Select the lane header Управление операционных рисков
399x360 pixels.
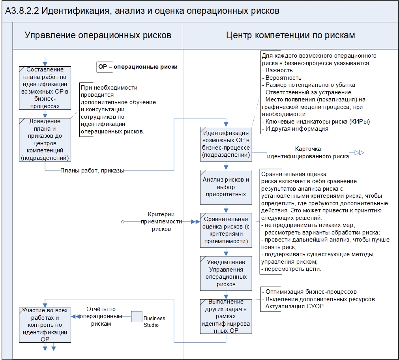click(x=98, y=35)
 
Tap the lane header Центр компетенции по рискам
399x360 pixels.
click(x=290, y=35)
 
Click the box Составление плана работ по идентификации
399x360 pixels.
click(x=45, y=88)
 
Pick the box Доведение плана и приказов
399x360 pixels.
click(x=45, y=139)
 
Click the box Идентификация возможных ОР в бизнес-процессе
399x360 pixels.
click(x=225, y=144)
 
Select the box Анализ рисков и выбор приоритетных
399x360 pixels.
click(x=225, y=187)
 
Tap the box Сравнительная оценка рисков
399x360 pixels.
click(x=225, y=231)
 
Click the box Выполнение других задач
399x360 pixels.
click(x=225, y=316)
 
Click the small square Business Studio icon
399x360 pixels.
click(x=137, y=317)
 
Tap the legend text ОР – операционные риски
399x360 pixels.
click(x=137, y=67)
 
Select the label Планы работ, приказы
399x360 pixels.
click(x=92, y=171)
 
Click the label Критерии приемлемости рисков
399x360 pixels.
click(x=161, y=221)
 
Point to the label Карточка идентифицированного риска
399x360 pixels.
click(x=308, y=153)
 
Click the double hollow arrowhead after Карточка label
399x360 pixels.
click(x=359, y=153)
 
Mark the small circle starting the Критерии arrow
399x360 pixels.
click(x=123, y=222)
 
